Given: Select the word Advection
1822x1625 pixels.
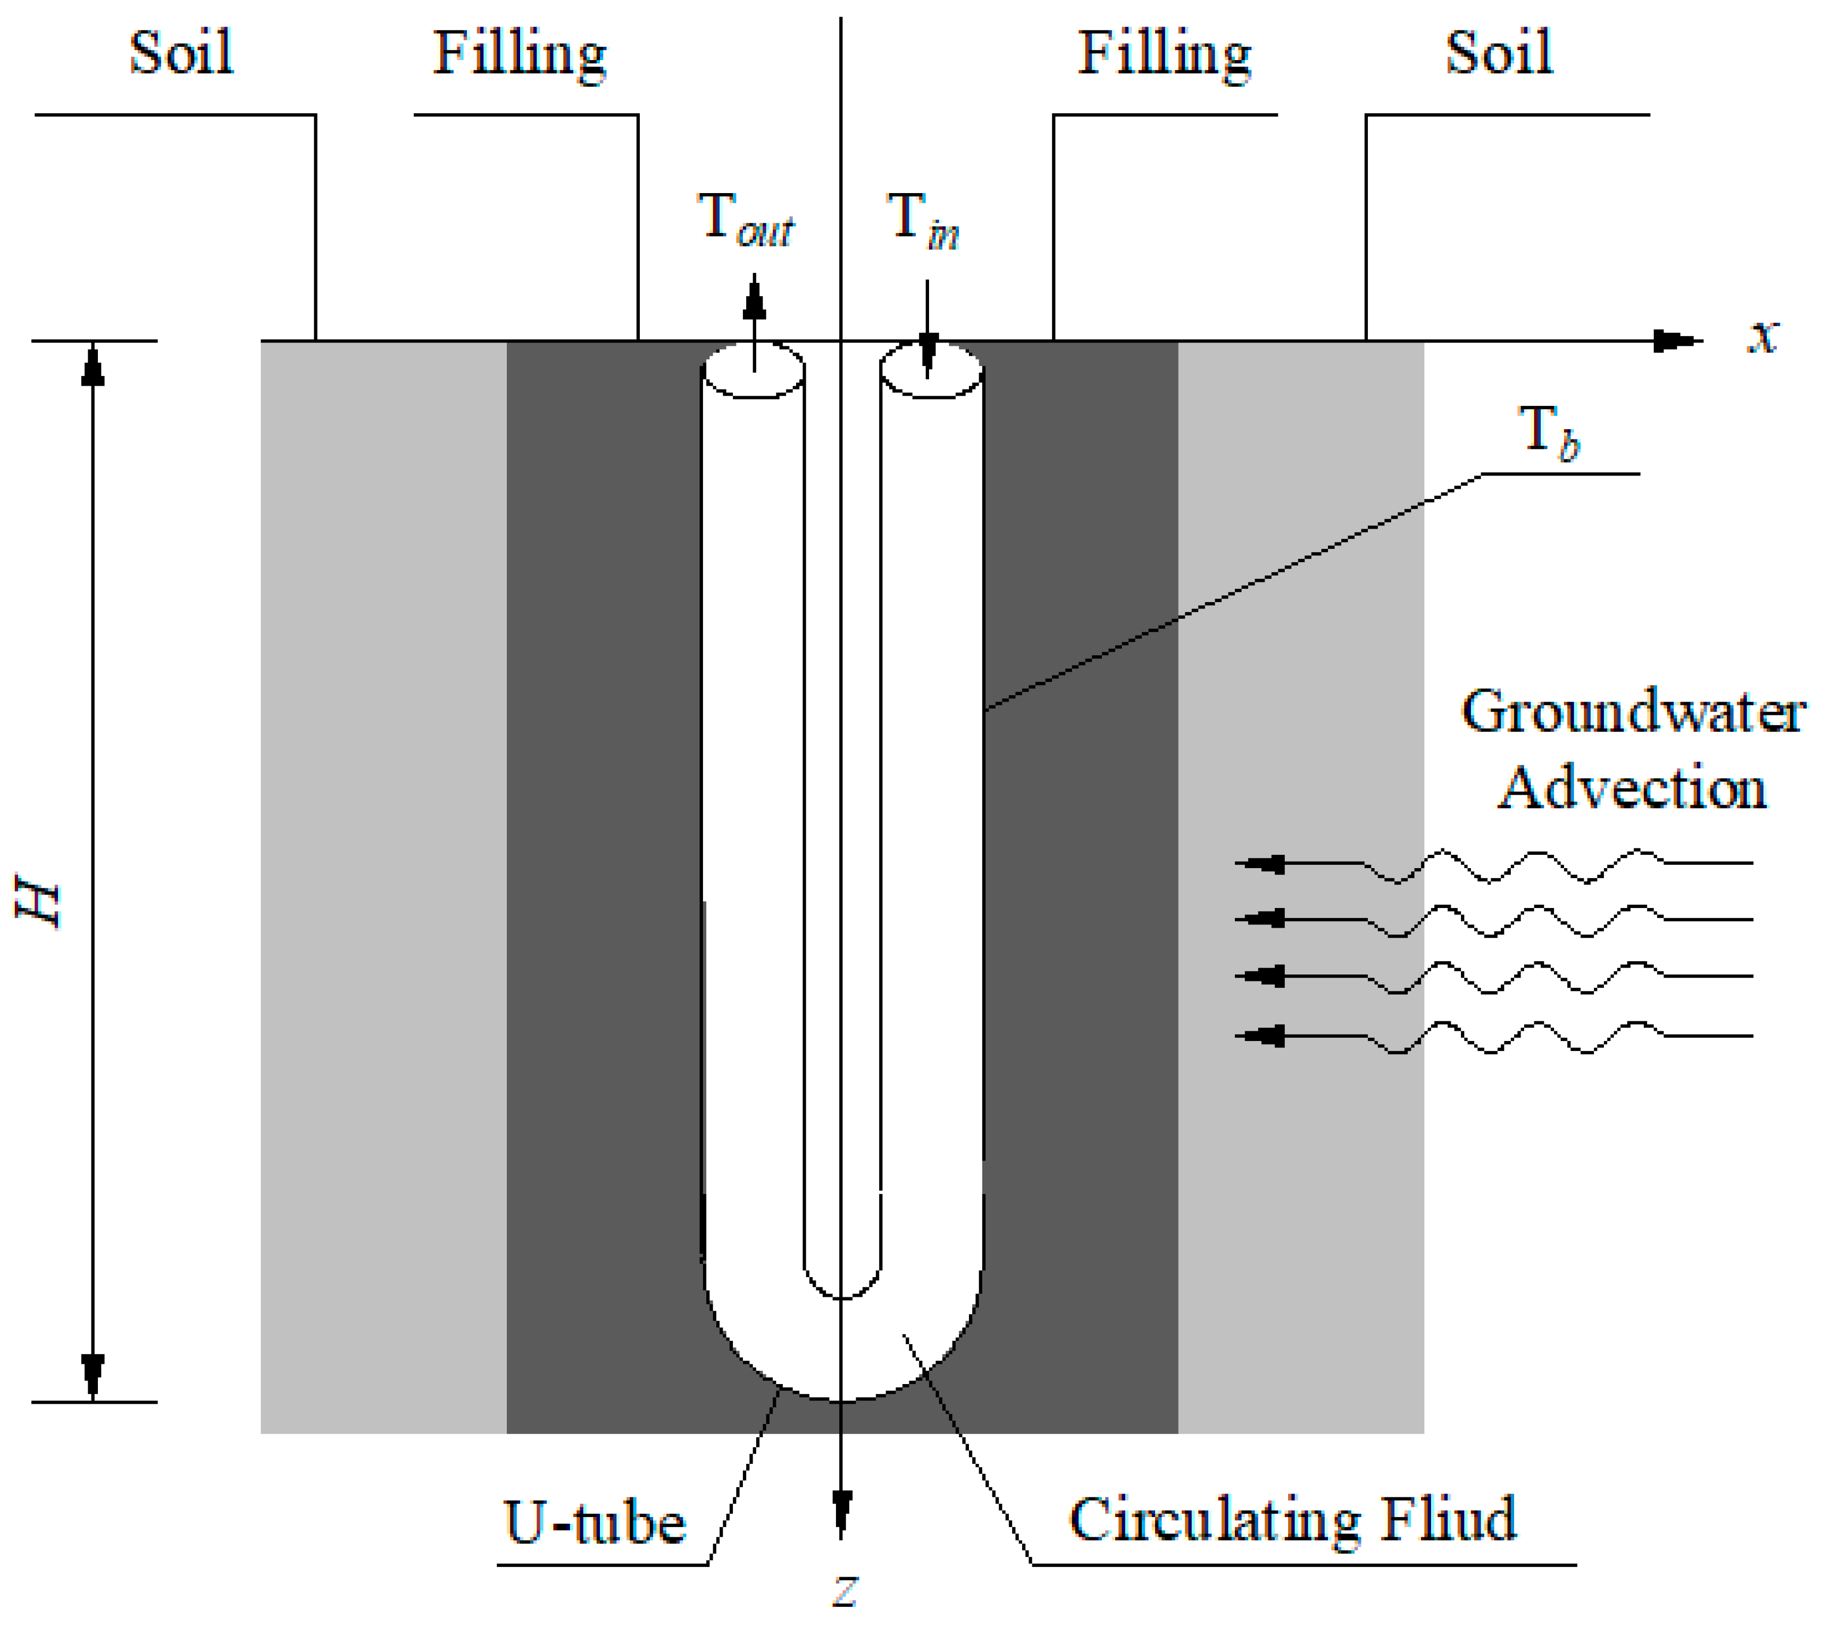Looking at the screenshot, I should pos(1632,788).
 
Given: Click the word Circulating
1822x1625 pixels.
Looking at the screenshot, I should pos(1214,1521).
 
